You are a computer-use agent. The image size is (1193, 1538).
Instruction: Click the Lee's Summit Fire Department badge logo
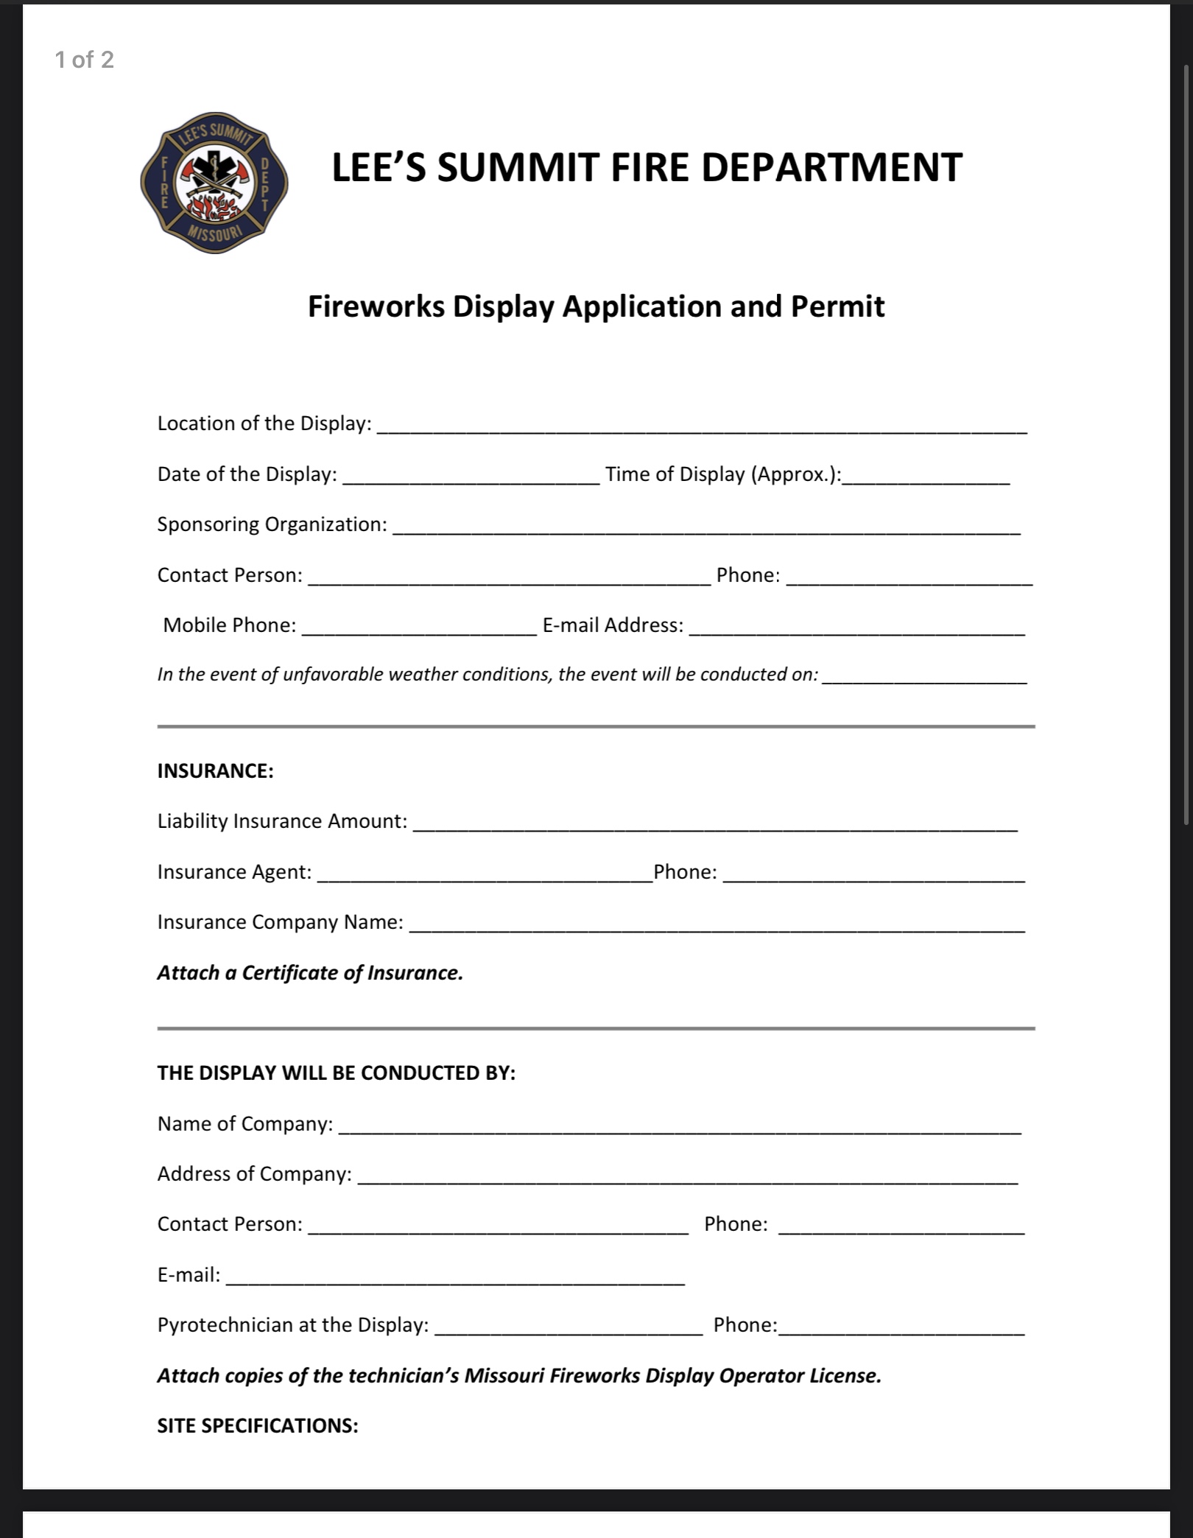point(214,193)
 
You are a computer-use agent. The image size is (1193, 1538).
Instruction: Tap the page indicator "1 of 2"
point(85,60)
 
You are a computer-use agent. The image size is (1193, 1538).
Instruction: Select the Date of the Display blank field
point(471,476)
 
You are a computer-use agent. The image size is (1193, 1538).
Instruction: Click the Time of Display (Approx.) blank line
point(926,476)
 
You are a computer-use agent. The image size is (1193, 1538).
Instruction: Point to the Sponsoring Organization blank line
point(706,526)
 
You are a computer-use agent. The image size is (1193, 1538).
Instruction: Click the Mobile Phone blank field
point(419,627)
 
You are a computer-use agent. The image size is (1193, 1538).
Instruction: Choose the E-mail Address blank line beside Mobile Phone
point(856,627)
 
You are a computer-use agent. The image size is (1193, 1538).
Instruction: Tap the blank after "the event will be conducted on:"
point(924,676)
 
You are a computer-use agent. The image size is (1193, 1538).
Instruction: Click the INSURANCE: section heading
point(215,771)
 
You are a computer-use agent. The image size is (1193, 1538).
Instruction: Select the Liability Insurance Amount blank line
point(715,823)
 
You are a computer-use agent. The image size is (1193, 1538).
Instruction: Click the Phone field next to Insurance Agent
point(873,874)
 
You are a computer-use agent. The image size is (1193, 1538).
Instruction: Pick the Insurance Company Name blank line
point(717,924)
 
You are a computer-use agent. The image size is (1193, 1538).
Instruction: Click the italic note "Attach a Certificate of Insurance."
point(310,973)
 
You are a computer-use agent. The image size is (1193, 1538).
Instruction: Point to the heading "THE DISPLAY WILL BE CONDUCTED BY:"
point(337,1073)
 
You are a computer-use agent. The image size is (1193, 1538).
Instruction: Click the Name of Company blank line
point(680,1126)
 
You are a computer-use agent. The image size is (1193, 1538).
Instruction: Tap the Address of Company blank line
point(688,1176)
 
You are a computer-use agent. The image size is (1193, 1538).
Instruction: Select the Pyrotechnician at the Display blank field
point(569,1327)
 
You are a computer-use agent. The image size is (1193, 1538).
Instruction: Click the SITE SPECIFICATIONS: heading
point(258,1426)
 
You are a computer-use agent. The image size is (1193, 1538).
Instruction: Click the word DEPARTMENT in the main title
point(831,167)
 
